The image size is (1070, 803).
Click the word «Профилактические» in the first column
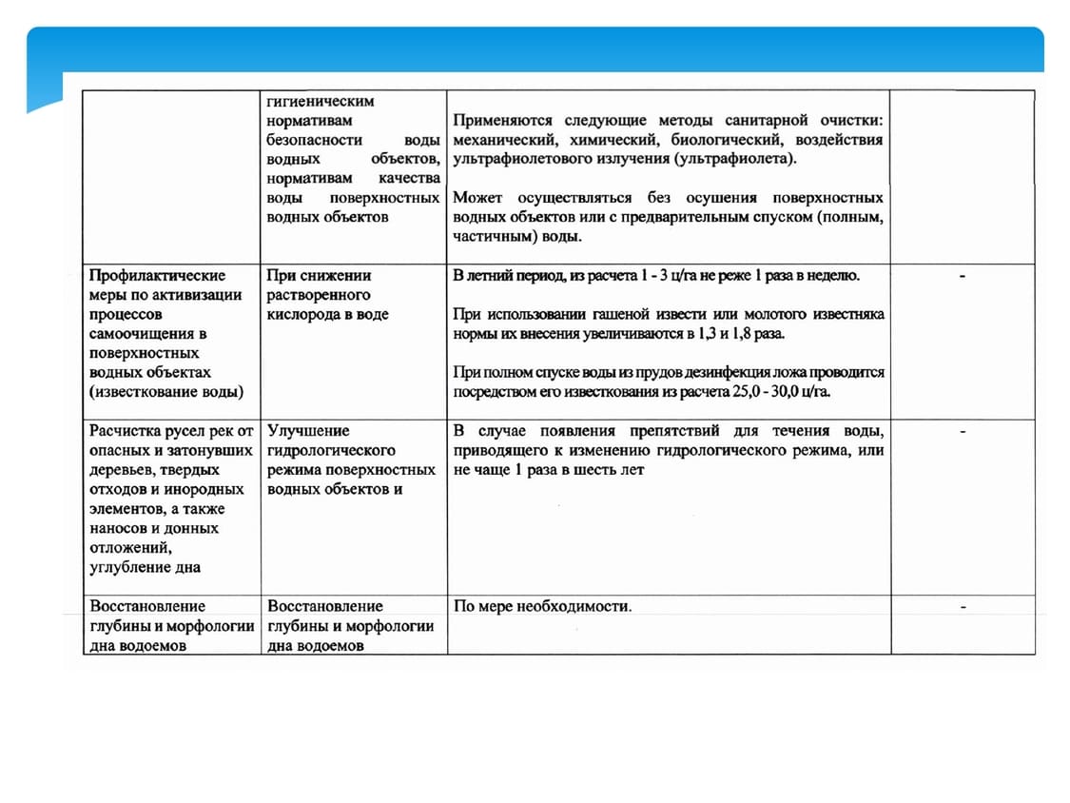point(157,276)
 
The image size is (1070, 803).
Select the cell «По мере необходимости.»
point(542,606)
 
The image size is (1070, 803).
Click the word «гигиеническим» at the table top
point(321,101)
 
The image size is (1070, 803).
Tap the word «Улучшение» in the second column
point(308,431)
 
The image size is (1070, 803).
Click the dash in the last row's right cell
point(963,606)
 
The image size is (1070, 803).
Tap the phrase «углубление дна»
point(145,568)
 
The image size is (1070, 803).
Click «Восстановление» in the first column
point(146,606)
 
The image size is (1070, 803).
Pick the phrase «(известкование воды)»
point(165,392)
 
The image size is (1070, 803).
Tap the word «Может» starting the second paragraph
point(478,198)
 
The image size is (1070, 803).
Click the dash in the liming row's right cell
point(963,276)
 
